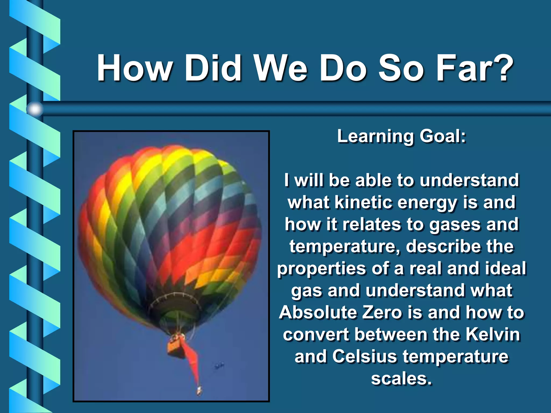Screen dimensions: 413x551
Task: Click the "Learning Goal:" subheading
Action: click(x=401, y=136)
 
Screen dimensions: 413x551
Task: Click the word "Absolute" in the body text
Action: click(x=318, y=312)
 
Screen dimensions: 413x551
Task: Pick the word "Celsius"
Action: click(x=365, y=357)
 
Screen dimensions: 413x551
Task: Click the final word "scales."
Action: click(x=401, y=379)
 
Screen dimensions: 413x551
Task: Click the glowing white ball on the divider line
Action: click(x=35, y=109)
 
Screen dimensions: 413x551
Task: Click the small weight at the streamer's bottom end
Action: click(x=199, y=390)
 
